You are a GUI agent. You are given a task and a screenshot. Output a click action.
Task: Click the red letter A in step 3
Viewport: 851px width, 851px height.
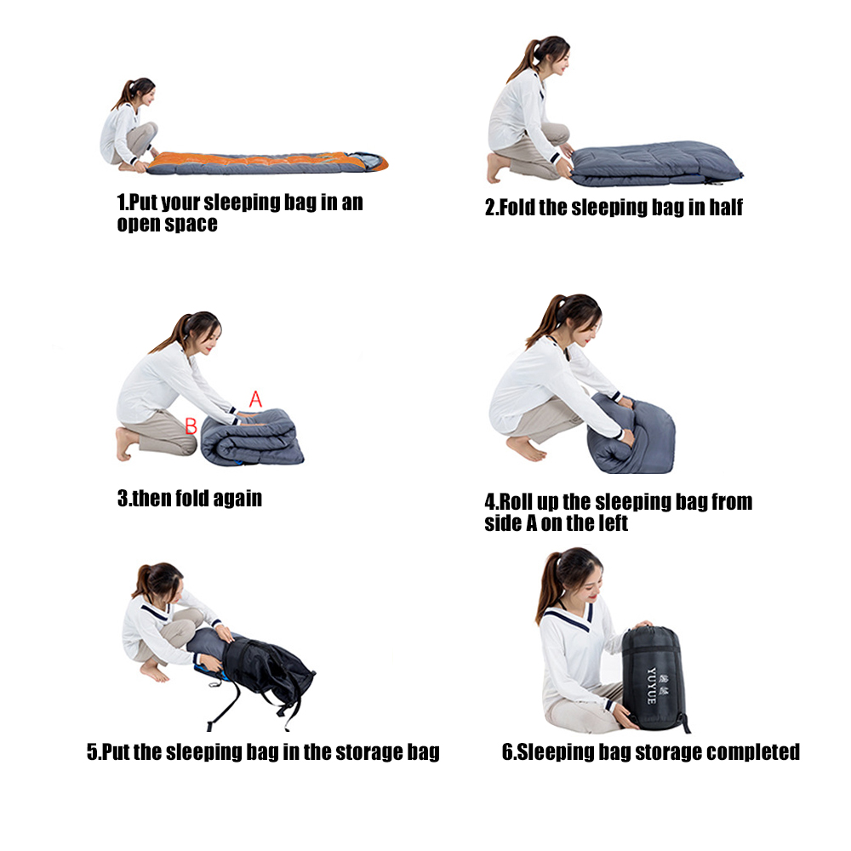[x=255, y=399]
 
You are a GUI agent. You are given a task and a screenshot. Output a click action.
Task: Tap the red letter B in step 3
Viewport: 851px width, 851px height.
[x=191, y=426]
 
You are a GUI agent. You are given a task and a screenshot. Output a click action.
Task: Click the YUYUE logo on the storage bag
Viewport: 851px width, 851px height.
[x=651, y=686]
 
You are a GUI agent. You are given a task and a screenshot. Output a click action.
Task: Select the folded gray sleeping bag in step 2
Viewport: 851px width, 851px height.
[x=656, y=163]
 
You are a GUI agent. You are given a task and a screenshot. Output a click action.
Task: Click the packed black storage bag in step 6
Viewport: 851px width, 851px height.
[x=654, y=678]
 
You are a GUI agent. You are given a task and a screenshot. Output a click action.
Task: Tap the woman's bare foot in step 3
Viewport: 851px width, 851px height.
[x=125, y=443]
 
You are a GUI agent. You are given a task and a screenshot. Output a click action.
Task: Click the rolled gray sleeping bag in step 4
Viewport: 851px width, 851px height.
[x=633, y=435]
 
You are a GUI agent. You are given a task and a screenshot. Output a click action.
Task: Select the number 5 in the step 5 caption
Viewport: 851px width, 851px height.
[x=92, y=752]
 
